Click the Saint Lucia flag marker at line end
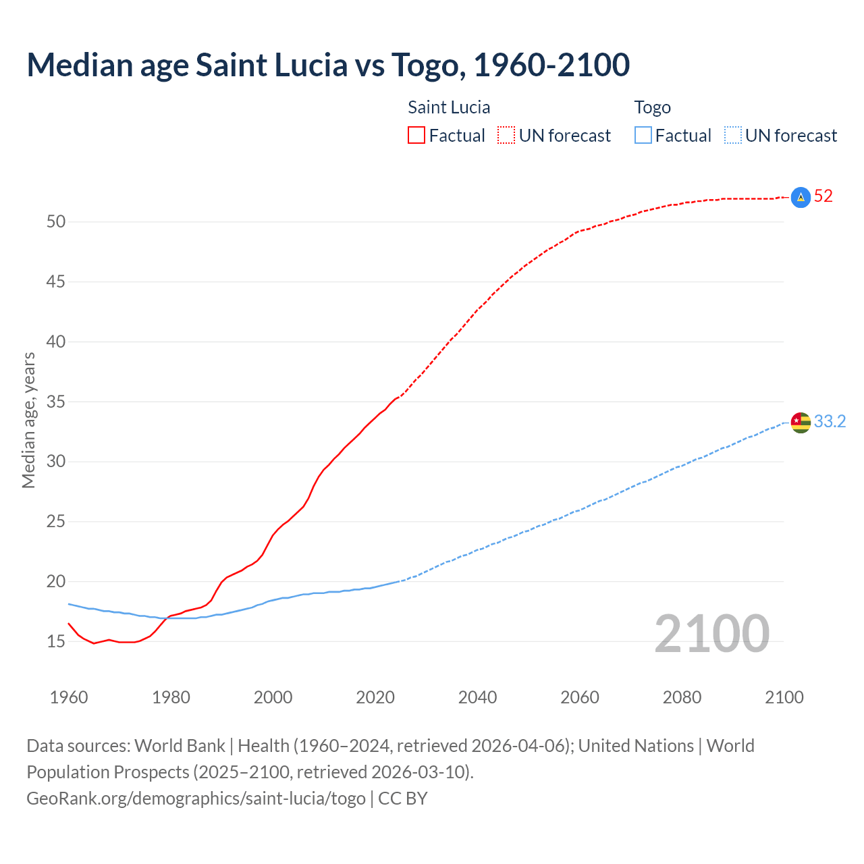pos(800,197)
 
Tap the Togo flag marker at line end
pos(800,423)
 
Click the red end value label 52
pos(823,196)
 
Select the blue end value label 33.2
pos(830,422)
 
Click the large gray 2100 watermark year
pos(711,634)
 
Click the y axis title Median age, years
pos(28,420)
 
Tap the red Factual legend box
pos(416,136)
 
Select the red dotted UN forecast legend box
pos(506,136)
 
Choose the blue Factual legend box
pos(643,136)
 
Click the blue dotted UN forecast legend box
pos(733,136)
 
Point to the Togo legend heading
pos(652,108)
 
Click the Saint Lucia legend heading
pos(449,108)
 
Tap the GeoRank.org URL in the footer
pos(196,799)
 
